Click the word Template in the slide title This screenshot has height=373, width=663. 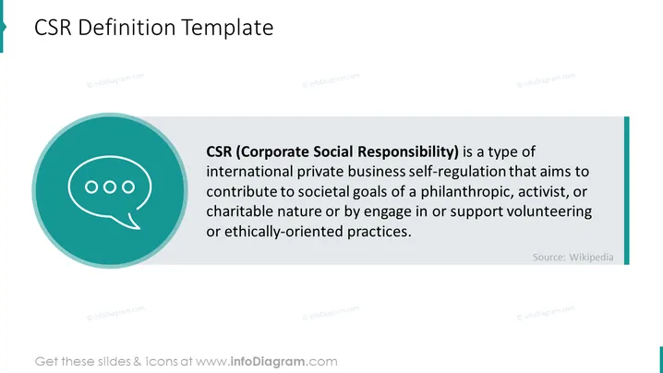point(227,28)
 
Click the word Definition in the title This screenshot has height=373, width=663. point(127,27)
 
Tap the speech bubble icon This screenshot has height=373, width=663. point(110,192)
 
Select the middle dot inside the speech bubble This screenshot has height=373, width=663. point(110,186)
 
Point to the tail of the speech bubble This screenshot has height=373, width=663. point(131,221)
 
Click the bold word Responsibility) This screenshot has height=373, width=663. point(408,151)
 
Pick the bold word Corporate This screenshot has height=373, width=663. point(272,151)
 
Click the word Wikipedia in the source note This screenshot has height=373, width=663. point(591,258)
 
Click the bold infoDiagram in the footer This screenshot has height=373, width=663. point(267,362)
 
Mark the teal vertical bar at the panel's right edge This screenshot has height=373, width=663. point(627,191)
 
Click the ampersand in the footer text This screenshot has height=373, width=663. point(137,362)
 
